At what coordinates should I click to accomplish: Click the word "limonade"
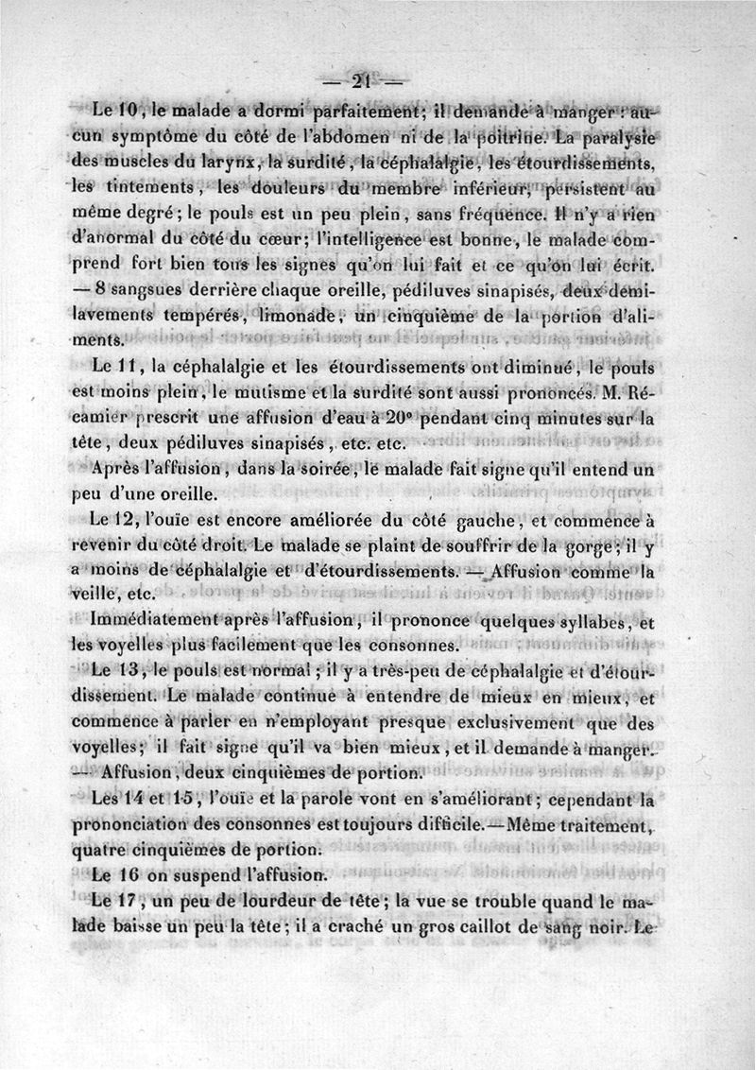287,316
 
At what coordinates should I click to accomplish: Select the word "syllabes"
576,623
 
